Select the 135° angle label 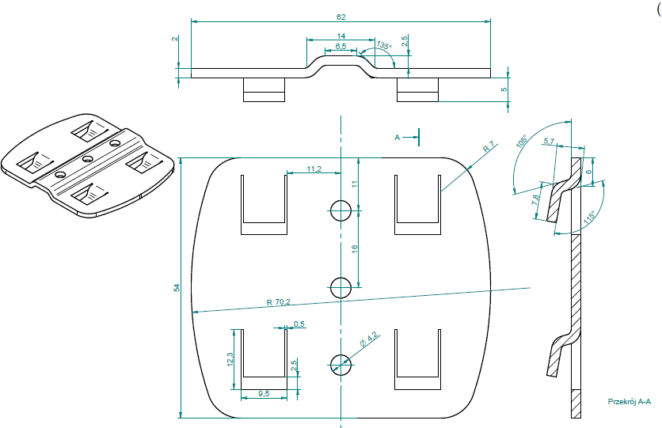384,46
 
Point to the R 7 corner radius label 488,146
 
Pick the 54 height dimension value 176,289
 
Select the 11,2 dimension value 314,169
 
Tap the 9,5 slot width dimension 264,393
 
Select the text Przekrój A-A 627,403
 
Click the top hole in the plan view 341,210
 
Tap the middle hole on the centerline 341,287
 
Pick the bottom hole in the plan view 341,364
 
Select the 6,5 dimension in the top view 341,47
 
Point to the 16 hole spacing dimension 355,248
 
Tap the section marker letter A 398,137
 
